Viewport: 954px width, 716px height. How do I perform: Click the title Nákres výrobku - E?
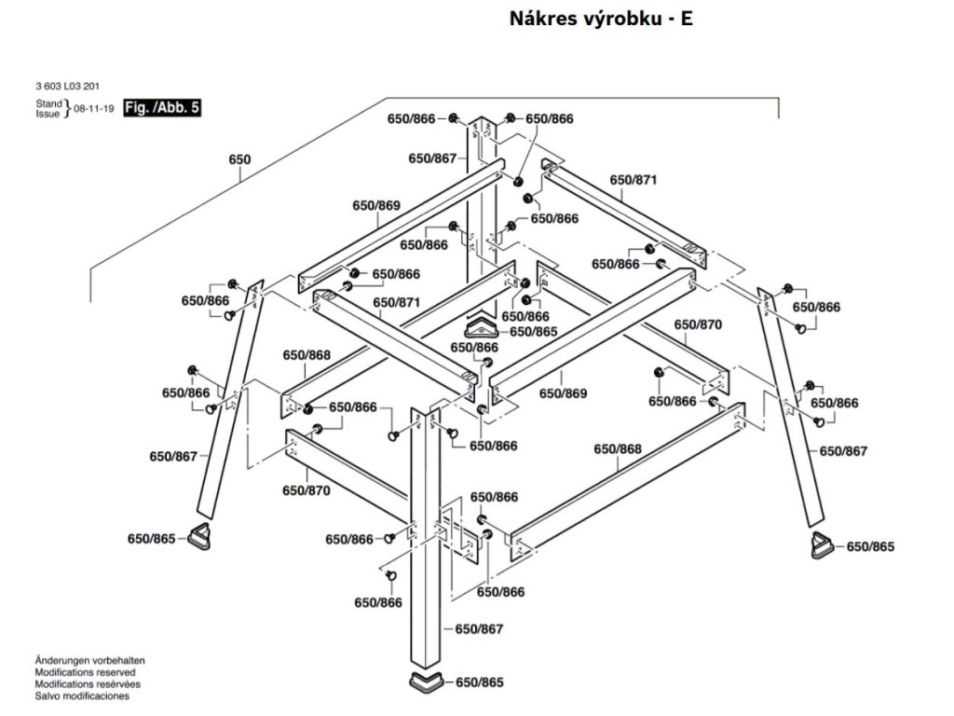tap(601, 19)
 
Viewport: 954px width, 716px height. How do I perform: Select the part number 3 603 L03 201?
tap(66, 87)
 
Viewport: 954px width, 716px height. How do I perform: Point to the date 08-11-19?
tap(94, 109)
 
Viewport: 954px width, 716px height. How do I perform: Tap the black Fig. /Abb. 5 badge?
tap(162, 108)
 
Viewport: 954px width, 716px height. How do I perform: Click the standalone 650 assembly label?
tap(239, 159)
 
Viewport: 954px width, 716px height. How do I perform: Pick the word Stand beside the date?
tap(48, 103)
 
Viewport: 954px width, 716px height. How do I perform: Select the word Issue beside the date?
tap(48, 114)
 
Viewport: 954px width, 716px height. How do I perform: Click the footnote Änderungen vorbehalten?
tap(89, 660)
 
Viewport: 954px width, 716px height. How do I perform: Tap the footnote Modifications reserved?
tap(85, 672)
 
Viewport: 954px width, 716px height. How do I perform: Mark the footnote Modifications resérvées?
tap(87, 684)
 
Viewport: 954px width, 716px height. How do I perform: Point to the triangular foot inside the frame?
tap(482, 326)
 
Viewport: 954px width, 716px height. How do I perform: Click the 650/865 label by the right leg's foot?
tap(870, 546)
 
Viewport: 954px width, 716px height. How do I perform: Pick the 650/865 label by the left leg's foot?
tap(151, 538)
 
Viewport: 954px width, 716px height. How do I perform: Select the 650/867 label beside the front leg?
tap(479, 629)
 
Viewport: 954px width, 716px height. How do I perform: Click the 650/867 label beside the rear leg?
tap(432, 158)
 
